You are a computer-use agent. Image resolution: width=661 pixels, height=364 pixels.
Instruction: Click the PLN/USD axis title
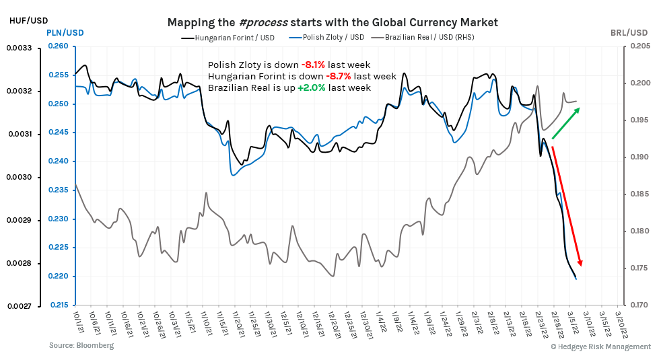65,32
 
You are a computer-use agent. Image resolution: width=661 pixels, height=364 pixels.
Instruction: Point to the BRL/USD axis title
629,32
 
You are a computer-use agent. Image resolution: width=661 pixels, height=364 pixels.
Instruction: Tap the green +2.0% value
311,87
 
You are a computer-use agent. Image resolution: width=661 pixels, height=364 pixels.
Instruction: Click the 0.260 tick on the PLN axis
59,46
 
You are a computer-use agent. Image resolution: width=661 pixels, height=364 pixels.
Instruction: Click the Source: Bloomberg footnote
81,345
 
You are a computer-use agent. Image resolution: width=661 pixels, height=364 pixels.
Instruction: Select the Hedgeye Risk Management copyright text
600,347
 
